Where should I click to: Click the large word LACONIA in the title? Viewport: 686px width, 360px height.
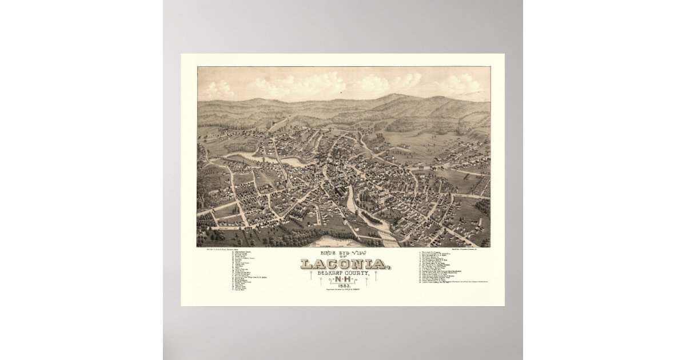(344, 265)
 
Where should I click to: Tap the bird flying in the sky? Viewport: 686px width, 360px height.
(342, 89)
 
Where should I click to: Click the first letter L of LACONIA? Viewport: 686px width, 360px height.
(305, 265)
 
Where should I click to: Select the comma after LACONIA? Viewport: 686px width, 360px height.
(391, 268)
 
